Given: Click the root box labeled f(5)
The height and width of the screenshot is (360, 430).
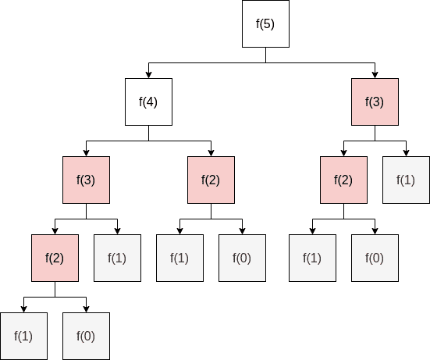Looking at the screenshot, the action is click(x=265, y=23).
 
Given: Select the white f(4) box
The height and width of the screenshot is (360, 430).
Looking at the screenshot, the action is click(x=148, y=102).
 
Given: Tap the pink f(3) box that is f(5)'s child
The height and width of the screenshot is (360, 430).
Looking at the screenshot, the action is click(x=375, y=102).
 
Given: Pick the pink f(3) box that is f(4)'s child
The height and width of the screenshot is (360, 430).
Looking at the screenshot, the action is click(x=86, y=180).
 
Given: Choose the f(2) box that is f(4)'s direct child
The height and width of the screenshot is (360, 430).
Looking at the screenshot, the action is click(x=211, y=180).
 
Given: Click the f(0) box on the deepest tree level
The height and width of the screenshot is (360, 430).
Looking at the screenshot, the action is click(x=86, y=336).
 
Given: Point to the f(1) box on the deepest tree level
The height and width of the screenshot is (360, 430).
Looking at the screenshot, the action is click(x=23, y=336).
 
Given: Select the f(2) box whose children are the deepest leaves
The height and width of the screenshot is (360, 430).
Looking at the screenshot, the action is click(x=55, y=258).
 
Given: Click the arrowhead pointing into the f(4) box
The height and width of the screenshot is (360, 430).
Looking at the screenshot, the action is click(x=148, y=75).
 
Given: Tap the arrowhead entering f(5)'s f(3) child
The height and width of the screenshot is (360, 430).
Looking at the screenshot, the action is click(x=375, y=75).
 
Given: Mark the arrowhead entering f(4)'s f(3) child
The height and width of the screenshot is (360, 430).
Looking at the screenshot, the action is click(x=86, y=153).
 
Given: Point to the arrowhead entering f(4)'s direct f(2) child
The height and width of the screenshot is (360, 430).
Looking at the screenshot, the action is click(x=211, y=153).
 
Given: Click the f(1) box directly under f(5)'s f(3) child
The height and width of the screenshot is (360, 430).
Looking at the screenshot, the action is click(x=406, y=180).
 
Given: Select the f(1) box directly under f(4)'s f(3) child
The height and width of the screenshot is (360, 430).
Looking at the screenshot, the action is click(x=117, y=258).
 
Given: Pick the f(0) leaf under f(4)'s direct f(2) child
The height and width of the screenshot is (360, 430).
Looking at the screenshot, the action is click(x=242, y=258).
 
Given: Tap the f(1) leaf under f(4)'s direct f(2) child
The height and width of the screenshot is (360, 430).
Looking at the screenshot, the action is click(x=179, y=258).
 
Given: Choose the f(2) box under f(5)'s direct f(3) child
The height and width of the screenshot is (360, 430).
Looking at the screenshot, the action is click(x=343, y=180).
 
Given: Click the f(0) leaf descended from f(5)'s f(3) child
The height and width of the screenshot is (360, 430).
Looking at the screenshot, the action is click(x=375, y=258).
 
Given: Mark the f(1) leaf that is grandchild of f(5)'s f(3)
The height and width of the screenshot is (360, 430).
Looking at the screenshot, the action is click(x=312, y=258).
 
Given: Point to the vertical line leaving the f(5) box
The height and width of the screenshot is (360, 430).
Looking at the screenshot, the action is click(x=265, y=55).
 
